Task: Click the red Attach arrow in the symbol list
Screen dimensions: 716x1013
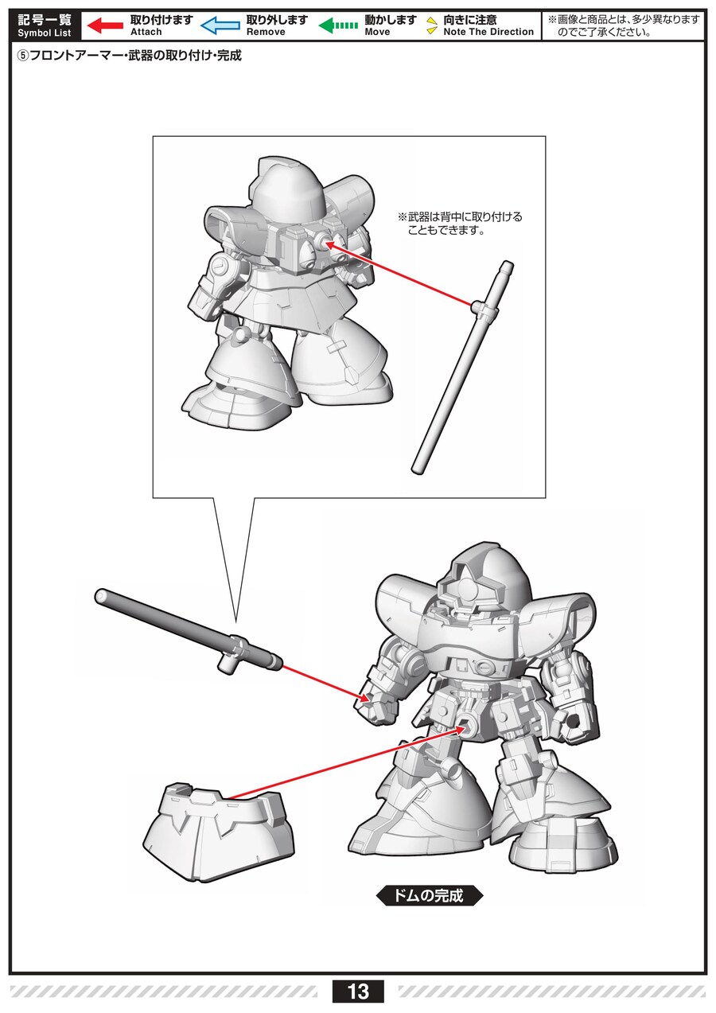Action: click(x=105, y=25)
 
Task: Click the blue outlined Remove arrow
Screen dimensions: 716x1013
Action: click(x=220, y=25)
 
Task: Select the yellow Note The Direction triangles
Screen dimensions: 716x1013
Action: click(x=433, y=25)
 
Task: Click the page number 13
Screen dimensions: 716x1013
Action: click(x=358, y=992)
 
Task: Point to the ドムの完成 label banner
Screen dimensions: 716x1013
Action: click(x=430, y=895)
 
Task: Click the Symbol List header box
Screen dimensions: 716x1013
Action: click(x=45, y=25)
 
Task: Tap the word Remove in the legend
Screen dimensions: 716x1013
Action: click(x=266, y=32)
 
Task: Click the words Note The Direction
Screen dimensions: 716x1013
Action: click(x=488, y=32)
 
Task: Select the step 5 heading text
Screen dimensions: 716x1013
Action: click(x=129, y=56)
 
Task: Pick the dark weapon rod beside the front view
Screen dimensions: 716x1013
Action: click(x=188, y=629)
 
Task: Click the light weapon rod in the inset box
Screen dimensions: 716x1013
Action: click(x=462, y=367)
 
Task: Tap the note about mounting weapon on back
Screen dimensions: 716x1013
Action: click(x=460, y=224)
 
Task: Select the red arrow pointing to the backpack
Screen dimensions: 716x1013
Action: click(x=399, y=274)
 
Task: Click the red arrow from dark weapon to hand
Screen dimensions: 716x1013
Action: click(x=325, y=683)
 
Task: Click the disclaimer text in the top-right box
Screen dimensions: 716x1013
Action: click(x=624, y=25)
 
